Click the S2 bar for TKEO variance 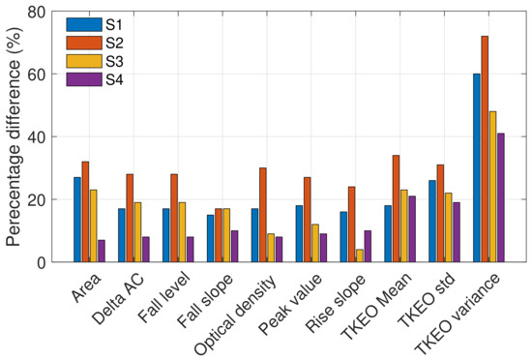click(x=485, y=149)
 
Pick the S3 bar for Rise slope click(x=360, y=255)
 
